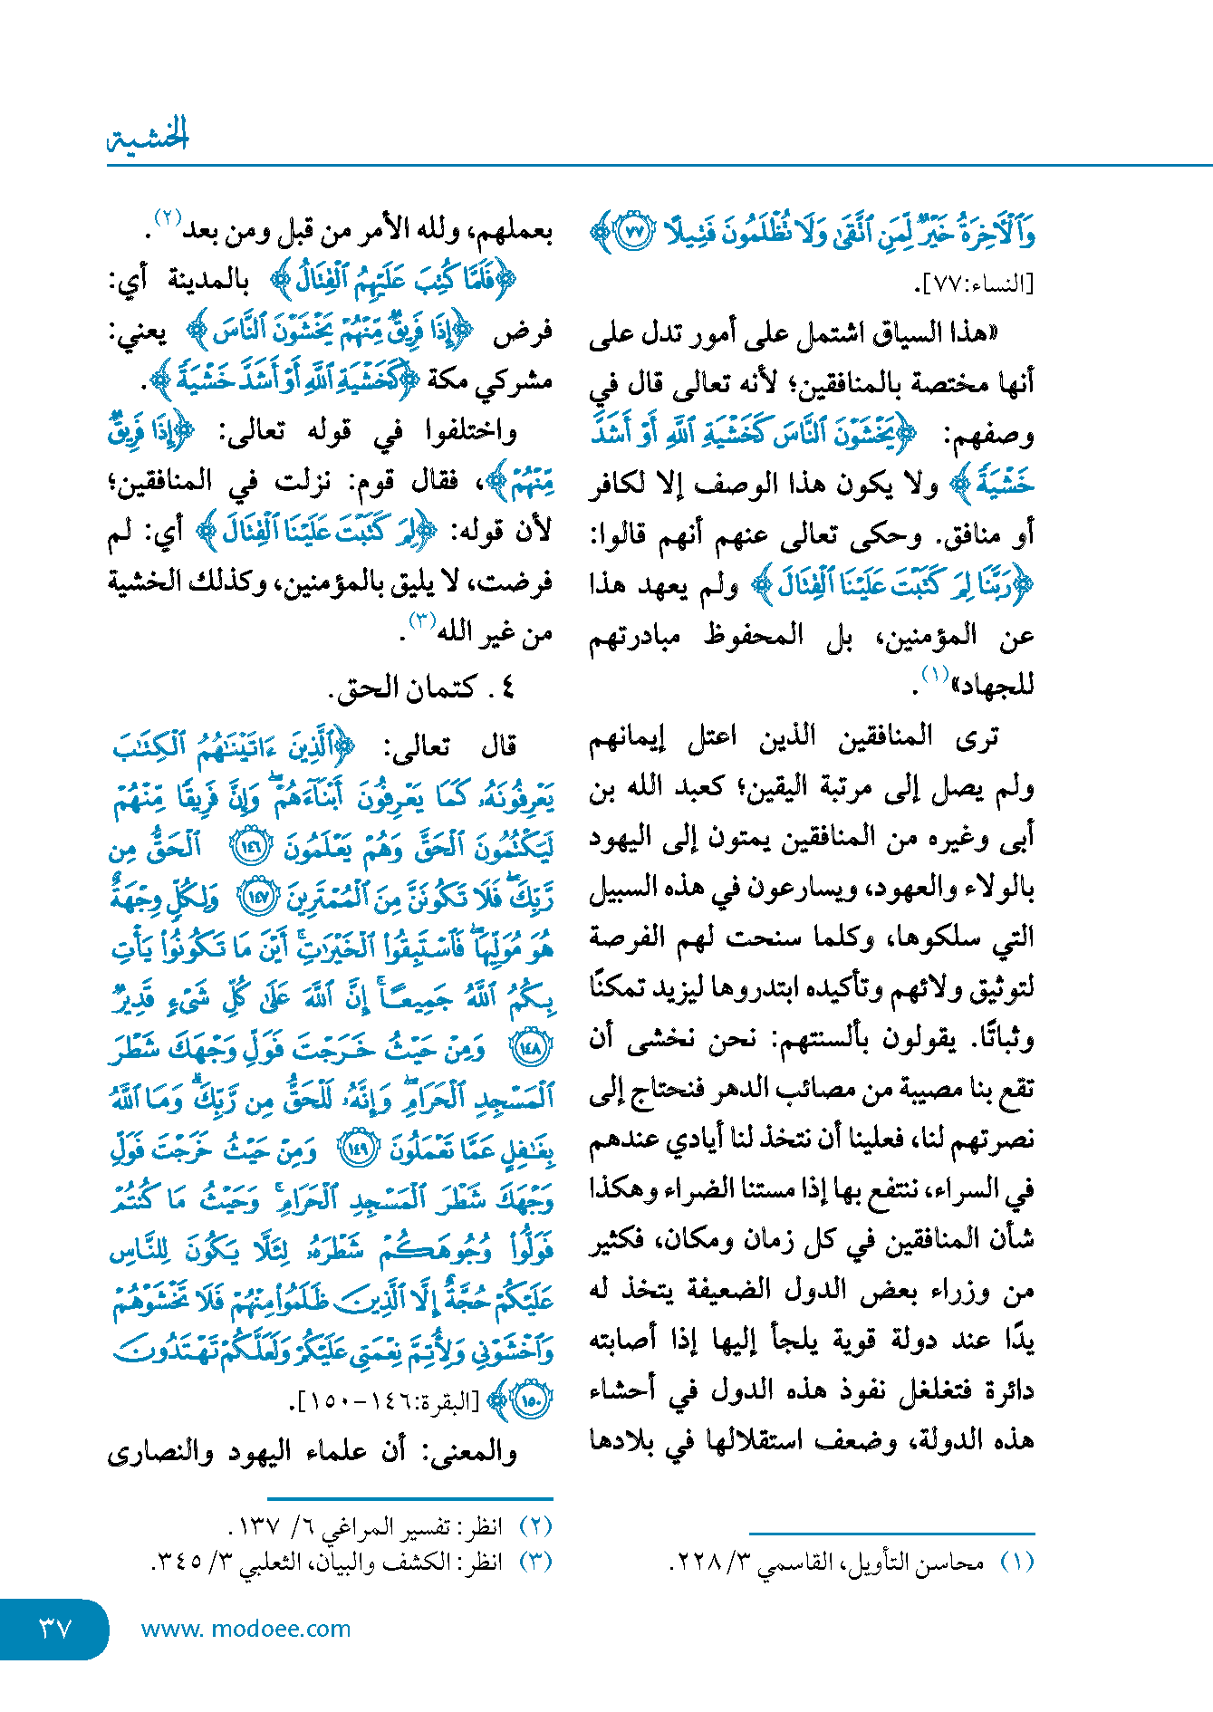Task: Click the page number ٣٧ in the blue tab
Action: pyautogui.click(x=55, y=1628)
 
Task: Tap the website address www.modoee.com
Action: pyautogui.click(x=245, y=1629)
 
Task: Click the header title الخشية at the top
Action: pyautogui.click(x=149, y=137)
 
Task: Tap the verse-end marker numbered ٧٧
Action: pyautogui.click(x=635, y=233)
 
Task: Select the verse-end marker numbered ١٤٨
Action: pyautogui.click(x=533, y=1049)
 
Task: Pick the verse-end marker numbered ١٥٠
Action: pyautogui.click(x=533, y=1401)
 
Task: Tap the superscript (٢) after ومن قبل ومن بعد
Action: pyautogui.click(x=168, y=218)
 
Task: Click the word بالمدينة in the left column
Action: pyautogui.click(x=208, y=281)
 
